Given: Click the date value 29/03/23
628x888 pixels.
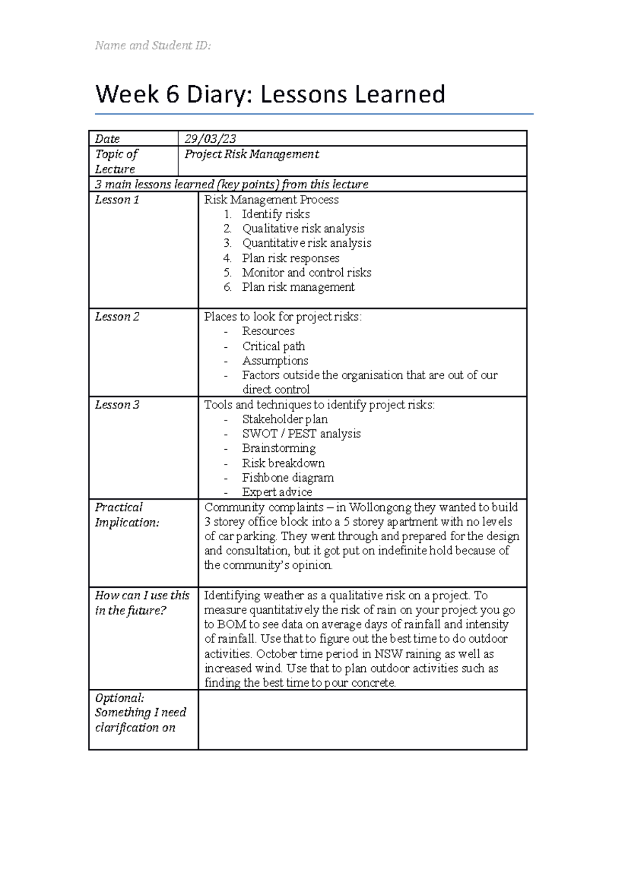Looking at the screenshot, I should tap(210, 139).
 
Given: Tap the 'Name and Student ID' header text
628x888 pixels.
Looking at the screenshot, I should tap(153, 45).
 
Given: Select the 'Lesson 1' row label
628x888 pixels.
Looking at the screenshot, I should tap(117, 200).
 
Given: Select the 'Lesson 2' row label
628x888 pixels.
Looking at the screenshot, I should tap(117, 317).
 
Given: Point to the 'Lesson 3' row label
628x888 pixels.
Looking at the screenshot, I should tap(117, 405).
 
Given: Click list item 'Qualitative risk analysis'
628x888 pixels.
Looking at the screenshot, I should tap(303, 229).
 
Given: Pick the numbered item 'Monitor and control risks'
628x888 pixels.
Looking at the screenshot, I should tap(306, 272).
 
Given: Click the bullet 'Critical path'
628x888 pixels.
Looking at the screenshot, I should tap(273, 346).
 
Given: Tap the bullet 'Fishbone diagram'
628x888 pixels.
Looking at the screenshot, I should tap(287, 477).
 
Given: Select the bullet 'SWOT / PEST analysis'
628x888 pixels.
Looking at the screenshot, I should tap(301, 434).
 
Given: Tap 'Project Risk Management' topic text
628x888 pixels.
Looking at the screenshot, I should tap(252, 154).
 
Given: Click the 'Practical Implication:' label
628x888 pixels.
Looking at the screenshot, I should tap(126, 515).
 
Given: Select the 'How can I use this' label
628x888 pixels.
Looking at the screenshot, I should tap(142, 596).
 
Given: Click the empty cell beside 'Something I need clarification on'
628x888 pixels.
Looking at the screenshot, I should tap(362, 719).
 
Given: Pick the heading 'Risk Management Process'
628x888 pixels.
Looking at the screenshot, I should tap(271, 200).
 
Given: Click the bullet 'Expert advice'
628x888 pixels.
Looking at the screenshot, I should tap(277, 492).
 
